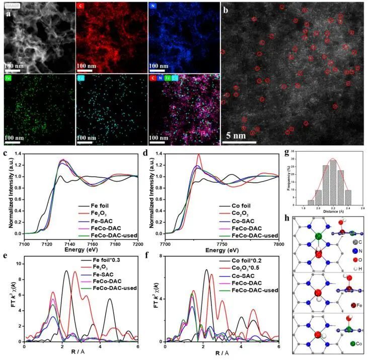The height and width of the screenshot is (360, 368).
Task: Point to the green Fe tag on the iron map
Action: point(9,79)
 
